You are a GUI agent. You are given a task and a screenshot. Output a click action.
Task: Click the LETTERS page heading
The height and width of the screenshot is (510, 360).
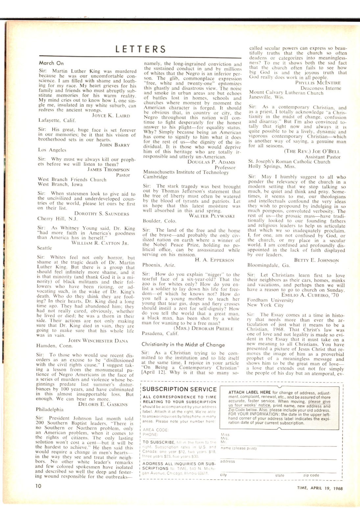click(140, 49)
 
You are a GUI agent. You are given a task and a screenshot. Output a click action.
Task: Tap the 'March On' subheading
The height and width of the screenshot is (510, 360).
click(51, 63)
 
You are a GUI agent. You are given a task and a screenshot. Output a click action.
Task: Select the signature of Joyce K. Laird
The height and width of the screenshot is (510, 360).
click(111, 115)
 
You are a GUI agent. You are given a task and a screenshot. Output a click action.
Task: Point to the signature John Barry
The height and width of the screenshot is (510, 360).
click(115, 145)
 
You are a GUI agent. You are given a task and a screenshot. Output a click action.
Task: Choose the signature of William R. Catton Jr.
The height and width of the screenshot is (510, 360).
click(100, 243)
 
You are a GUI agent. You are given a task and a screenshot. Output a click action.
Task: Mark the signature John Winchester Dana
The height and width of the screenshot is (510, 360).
click(98, 341)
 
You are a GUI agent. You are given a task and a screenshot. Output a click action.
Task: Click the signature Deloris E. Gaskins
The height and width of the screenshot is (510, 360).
click(103, 404)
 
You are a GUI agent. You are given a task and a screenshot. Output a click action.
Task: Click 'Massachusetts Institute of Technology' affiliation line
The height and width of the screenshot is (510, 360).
click(186, 172)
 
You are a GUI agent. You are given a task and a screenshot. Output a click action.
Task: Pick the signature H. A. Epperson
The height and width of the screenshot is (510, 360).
click(214, 260)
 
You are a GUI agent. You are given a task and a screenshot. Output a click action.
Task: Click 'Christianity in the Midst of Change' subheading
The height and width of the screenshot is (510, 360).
click(183, 344)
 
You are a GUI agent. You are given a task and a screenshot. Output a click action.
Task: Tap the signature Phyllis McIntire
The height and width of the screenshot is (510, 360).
click(318, 83)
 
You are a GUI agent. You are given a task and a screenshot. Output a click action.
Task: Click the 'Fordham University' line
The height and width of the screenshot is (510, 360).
click(270, 300)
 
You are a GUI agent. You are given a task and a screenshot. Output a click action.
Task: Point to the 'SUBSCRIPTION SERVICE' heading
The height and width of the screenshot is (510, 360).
click(180, 389)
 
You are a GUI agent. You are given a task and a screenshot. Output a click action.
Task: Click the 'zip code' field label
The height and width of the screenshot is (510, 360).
click(311, 475)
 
